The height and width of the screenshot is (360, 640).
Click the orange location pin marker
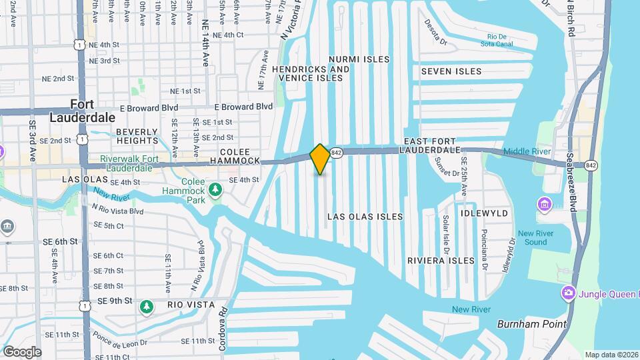coord(320,159)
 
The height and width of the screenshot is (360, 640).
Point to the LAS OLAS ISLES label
coord(365,217)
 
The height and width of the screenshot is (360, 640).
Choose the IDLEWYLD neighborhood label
coord(484,213)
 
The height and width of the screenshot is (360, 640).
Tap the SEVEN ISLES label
coord(451,71)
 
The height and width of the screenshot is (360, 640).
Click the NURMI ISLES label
coord(359,59)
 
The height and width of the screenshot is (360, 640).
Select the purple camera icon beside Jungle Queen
coord(568,293)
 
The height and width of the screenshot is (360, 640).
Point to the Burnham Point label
coord(531,325)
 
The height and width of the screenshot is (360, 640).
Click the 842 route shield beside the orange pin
coord(337,153)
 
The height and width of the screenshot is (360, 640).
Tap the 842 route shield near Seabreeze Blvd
coord(591,165)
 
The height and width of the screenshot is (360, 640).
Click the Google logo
coord(22,351)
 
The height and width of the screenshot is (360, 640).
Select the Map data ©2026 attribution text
coord(611,355)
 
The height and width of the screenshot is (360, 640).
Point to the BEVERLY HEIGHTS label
coord(137,137)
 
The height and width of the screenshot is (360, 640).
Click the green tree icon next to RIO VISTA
coord(146,307)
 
